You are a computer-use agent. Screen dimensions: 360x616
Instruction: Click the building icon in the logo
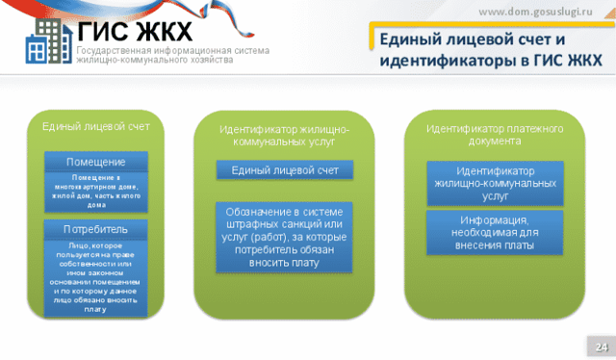[x=44, y=42]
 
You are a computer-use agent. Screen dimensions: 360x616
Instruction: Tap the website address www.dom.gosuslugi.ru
[x=540, y=11]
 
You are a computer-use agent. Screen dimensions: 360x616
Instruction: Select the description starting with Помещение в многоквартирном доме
[x=95, y=191]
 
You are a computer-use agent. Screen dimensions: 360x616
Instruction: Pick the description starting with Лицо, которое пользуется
[x=95, y=277]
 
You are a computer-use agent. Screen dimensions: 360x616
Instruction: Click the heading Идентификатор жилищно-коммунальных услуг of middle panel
[x=284, y=135]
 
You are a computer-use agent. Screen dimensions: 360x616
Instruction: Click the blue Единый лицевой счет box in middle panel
[x=284, y=170]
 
